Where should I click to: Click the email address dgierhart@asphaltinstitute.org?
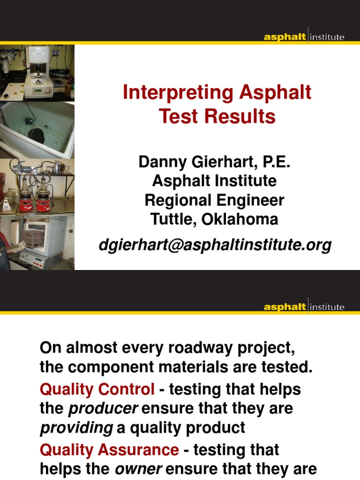[215, 245]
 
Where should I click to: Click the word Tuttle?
[172, 219]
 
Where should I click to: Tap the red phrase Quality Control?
[97, 389]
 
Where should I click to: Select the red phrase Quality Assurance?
[109, 450]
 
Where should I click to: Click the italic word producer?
[103, 408]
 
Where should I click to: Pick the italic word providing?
[73, 427]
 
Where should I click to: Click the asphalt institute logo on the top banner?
[304, 37]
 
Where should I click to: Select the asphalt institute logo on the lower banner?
[304, 307]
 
